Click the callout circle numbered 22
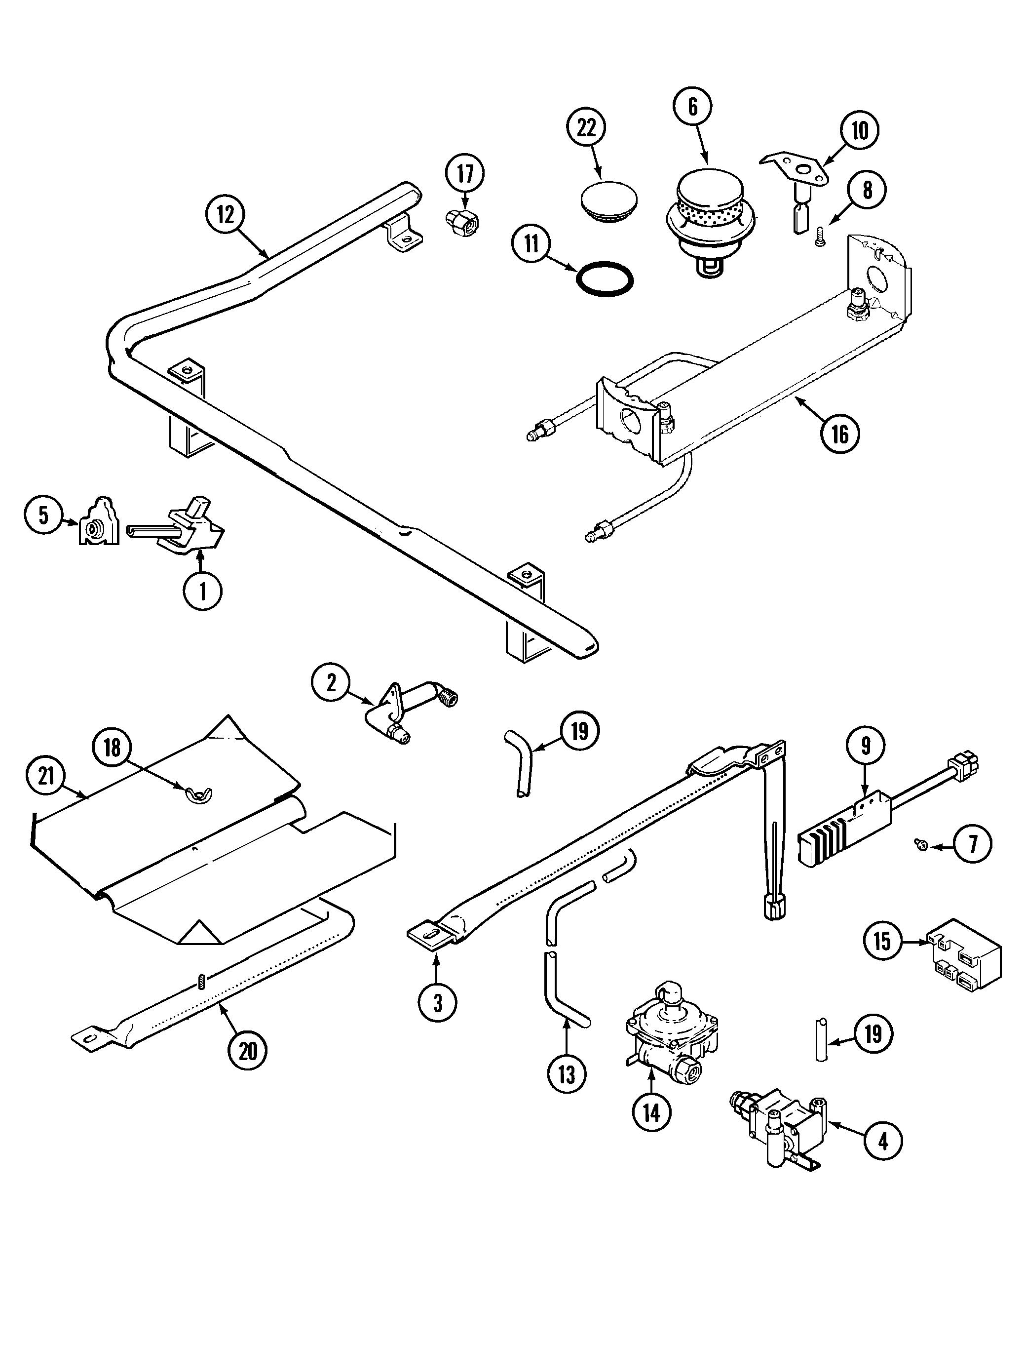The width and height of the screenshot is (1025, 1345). pyautogui.click(x=586, y=129)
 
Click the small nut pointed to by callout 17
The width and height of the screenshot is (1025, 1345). pyautogui.click(x=462, y=224)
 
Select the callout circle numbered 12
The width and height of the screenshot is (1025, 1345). pyautogui.click(x=225, y=215)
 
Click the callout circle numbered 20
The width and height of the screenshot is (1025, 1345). pyautogui.click(x=247, y=1051)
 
